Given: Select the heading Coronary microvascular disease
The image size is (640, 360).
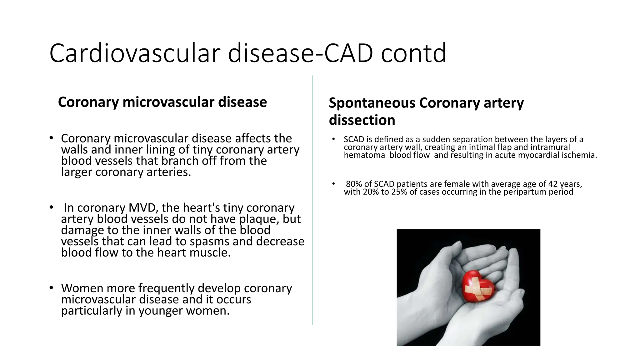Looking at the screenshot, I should click(162, 102).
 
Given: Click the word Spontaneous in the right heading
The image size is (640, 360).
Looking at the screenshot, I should click(372, 103).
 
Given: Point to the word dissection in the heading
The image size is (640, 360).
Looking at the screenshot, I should click(362, 120).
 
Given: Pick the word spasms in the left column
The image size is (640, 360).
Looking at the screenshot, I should click(209, 242).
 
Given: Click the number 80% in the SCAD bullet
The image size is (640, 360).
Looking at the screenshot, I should click(354, 184).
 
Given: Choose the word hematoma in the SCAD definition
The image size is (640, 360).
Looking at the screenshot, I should click(364, 155).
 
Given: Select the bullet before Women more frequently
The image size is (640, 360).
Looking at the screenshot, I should click(51, 288).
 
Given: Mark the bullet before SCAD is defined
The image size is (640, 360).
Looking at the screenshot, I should click(333, 139).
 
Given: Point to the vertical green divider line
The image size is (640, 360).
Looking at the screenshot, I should click(313, 200).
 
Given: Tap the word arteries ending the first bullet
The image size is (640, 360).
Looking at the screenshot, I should click(169, 172).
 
